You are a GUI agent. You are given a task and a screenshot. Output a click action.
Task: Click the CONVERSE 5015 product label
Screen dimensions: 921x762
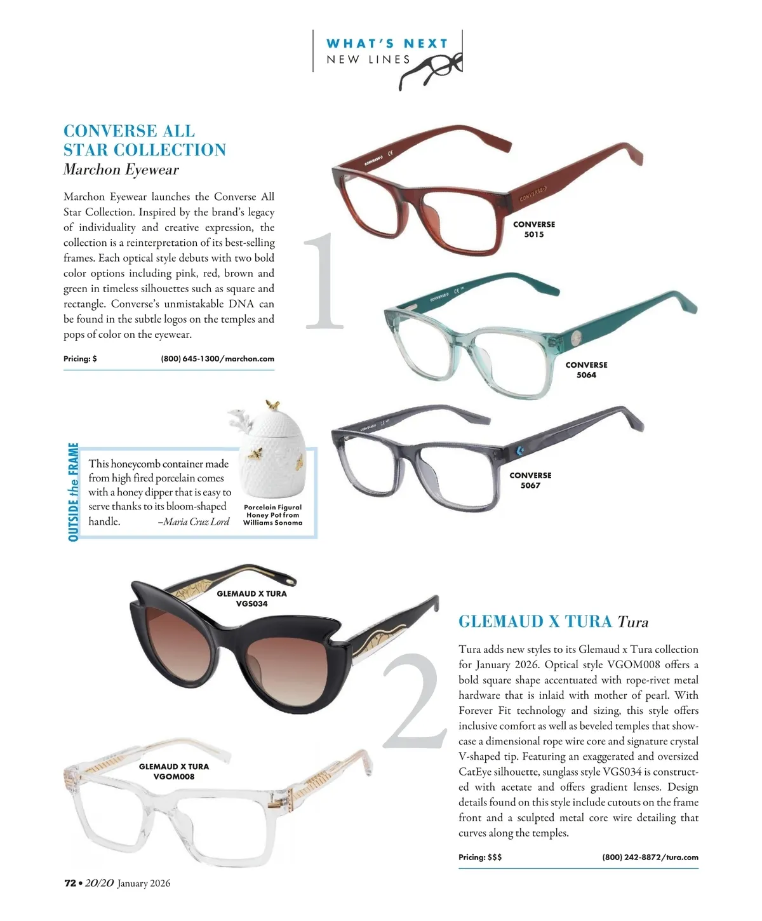(533, 229)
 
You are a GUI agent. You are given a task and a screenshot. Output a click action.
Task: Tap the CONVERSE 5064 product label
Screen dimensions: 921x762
(586, 370)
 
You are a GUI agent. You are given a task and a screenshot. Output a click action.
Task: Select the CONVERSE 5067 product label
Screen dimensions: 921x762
(530, 480)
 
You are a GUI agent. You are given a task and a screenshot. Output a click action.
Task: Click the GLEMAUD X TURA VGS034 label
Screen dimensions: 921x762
(251, 598)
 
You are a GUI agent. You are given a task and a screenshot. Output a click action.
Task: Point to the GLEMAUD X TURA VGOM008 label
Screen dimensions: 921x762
(173, 771)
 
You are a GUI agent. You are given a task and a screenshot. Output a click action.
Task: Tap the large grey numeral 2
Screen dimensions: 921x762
(413, 702)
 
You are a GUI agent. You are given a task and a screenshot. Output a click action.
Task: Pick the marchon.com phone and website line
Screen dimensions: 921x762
(217, 359)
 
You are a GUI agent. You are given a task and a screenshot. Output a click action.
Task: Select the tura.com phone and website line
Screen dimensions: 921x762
(650, 857)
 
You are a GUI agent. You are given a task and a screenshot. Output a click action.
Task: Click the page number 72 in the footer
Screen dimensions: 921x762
(70, 883)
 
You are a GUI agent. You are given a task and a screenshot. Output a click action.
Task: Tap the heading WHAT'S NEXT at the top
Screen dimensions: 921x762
(387, 44)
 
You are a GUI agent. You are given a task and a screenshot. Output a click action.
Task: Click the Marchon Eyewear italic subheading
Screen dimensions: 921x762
(121, 170)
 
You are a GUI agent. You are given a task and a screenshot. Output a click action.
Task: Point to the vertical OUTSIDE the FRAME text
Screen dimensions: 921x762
(74, 492)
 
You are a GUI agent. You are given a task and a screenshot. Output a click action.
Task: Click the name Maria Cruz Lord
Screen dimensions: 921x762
(196, 521)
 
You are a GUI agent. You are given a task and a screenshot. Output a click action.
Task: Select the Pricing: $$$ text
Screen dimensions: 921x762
(480, 857)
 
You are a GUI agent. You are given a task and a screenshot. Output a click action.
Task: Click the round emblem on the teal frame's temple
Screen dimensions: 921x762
(576, 338)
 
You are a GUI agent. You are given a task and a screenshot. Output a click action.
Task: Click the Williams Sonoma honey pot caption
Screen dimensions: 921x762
(272, 515)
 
